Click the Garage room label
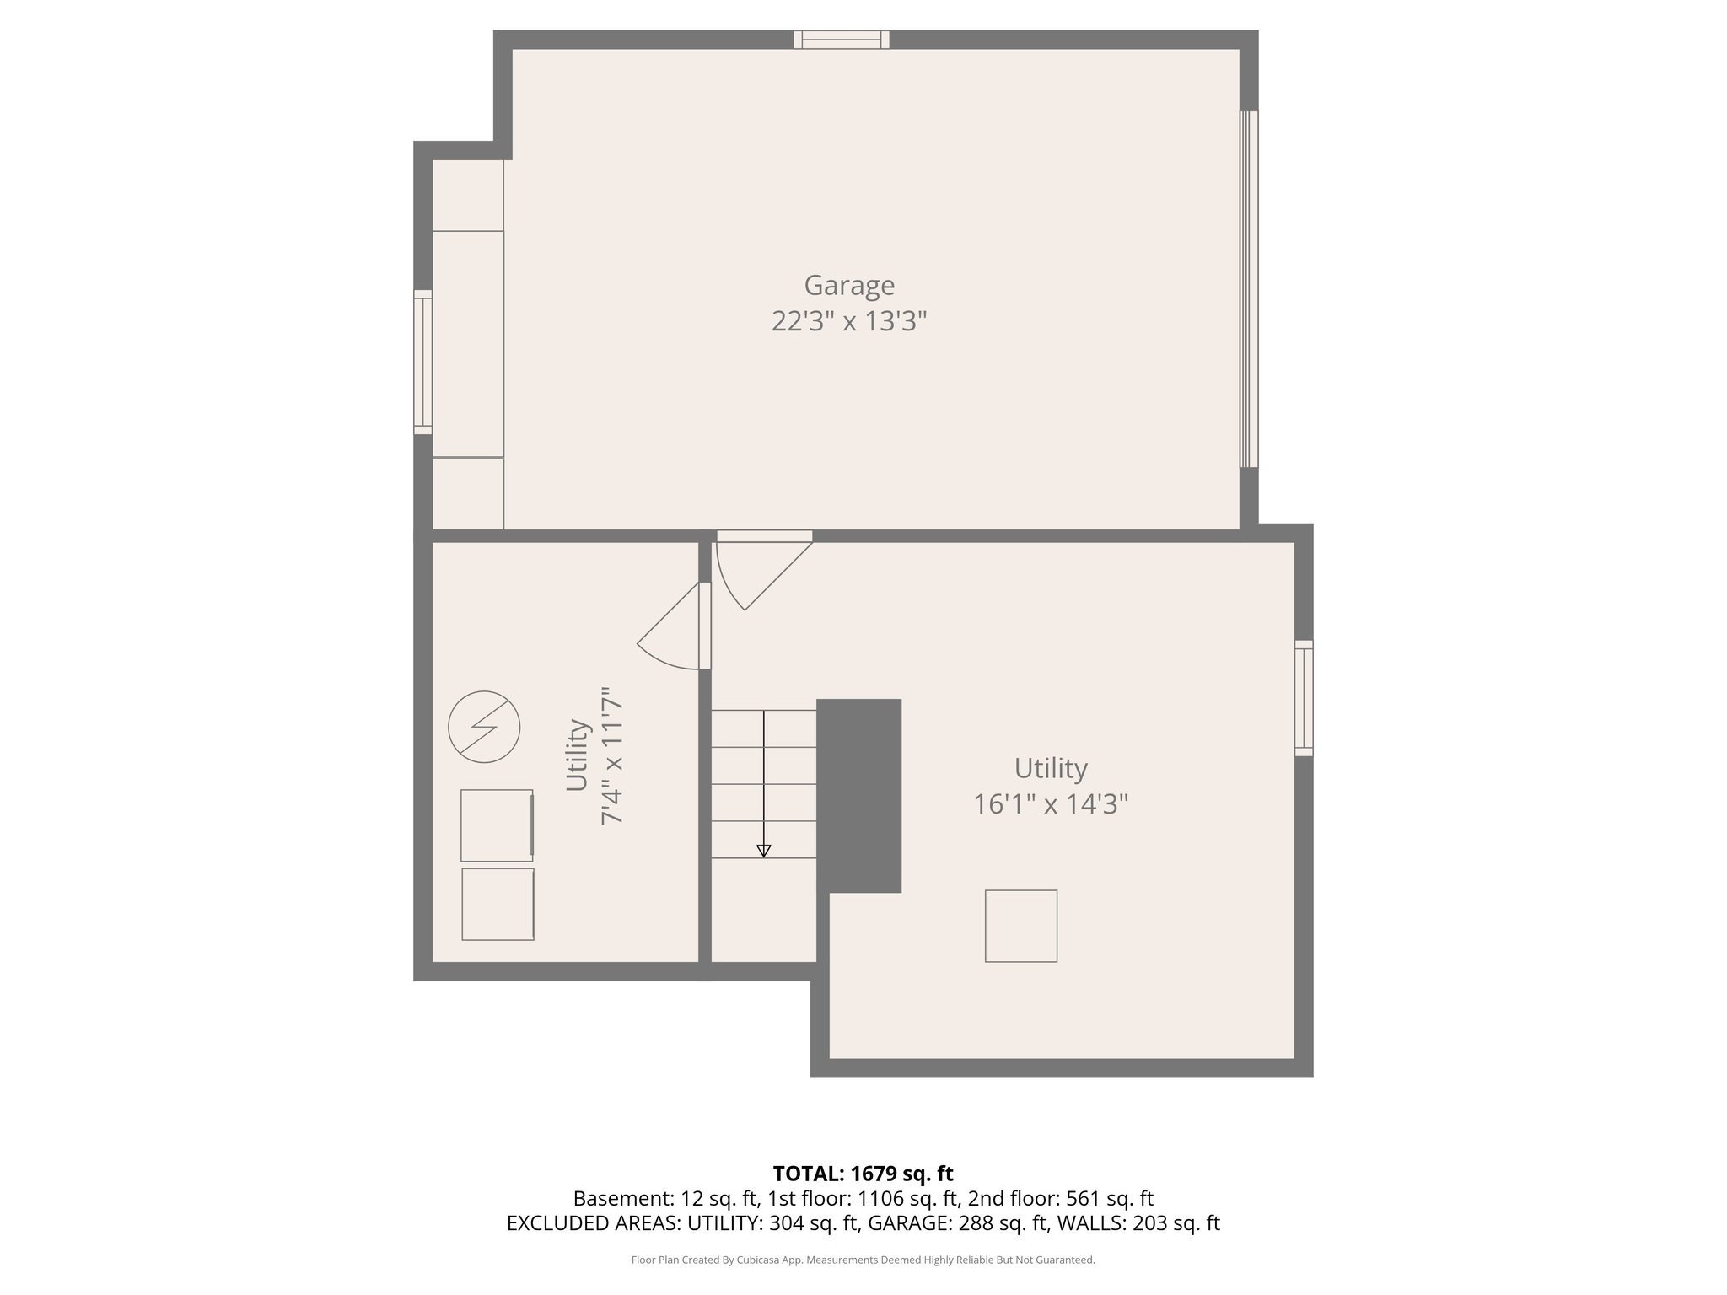pos(848,285)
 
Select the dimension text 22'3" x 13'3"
pos(848,321)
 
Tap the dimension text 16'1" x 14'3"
pos(1050,804)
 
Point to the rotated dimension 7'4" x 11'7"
pos(611,755)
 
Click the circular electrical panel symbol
pos(484,727)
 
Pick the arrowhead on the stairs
pos(763,851)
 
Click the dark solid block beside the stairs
pos(858,795)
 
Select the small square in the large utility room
pos(1020,926)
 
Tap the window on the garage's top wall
pos(841,40)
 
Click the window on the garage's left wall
pos(422,362)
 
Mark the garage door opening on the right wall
pos(1248,289)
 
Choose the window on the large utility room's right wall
pos(1303,697)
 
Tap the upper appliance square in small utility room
pos(497,825)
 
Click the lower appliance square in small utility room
pos(498,904)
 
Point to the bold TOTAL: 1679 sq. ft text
pos(863,1173)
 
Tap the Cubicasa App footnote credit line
pos(863,1260)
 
